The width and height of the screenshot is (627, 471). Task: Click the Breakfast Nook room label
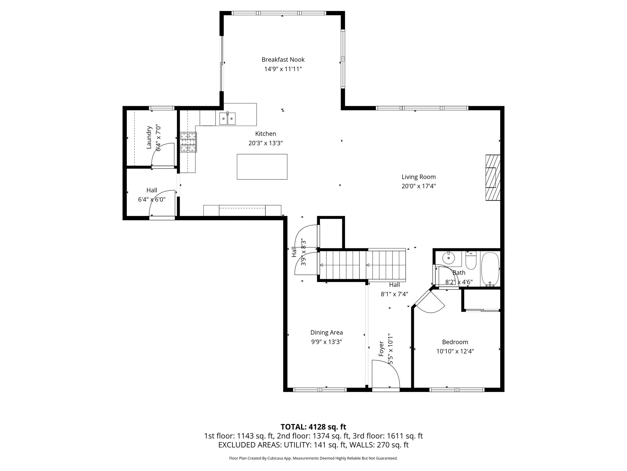(283, 59)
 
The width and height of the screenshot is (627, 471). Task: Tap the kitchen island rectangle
(262, 167)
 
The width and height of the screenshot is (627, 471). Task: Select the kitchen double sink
(227, 119)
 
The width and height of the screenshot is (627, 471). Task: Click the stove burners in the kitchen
(188, 142)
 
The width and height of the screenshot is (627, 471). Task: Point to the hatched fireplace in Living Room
(493, 178)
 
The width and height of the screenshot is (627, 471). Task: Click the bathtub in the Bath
(490, 269)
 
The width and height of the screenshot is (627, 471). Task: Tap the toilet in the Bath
(471, 261)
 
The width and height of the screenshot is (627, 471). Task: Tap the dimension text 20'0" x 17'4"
(419, 186)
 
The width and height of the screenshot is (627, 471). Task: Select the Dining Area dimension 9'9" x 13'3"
(326, 342)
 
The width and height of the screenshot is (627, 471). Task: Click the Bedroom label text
(455, 342)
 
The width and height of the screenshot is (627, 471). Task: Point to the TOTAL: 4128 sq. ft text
(313, 427)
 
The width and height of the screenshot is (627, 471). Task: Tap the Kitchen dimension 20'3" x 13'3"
(265, 143)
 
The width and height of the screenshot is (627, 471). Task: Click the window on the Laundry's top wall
(162, 108)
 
